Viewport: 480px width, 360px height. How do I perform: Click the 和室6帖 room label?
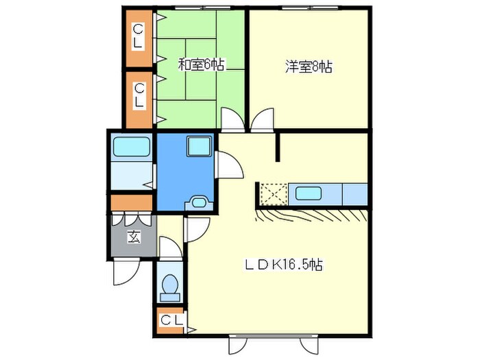coord(202,65)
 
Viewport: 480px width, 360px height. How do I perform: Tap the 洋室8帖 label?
coord(309,67)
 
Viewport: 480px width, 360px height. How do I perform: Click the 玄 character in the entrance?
coord(132,239)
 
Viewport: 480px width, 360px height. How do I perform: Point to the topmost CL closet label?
coord(139,36)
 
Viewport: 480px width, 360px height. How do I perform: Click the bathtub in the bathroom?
coord(132,147)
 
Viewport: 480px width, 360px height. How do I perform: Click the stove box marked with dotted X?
coord(272,194)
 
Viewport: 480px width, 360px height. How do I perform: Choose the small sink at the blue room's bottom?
coord(200,202)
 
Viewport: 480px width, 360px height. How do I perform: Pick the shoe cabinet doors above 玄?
coord(132,221)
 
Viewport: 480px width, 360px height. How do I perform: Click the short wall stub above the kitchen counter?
coord(278,147)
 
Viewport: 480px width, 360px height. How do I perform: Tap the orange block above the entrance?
coord(132,203)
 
